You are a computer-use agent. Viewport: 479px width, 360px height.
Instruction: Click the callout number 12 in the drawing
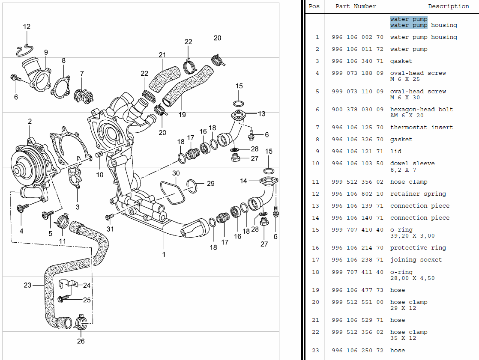pos(27,27)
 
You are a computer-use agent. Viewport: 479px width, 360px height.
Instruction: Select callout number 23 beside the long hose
pos(27,285)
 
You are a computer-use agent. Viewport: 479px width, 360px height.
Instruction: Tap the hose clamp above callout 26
pos(81,322)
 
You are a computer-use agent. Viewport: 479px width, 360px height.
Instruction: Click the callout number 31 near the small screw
pos(110,229)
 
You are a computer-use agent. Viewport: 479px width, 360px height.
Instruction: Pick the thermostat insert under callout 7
pos(84,96)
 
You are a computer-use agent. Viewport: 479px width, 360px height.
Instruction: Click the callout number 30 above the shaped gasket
pos(176,173)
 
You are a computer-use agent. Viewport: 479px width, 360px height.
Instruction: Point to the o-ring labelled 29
pos(191,186)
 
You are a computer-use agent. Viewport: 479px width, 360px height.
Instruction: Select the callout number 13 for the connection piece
pos(261,114)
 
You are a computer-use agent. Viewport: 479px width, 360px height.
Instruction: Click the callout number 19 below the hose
pos(182,115)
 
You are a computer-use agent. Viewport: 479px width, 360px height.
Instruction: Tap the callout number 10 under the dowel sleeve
pos(100,175)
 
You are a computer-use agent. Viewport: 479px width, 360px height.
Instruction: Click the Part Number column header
pos(356,6)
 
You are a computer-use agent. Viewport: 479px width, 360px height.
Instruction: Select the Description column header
pos(449,6)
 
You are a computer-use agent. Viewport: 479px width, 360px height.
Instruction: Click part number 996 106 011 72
pos(357,49)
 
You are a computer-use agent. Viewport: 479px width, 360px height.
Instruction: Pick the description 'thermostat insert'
pos(422,128)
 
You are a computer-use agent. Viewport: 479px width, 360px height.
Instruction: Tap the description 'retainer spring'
pos(418,194)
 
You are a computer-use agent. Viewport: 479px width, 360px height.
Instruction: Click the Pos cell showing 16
pos(316,248)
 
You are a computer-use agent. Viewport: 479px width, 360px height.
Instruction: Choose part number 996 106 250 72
pos(357,351)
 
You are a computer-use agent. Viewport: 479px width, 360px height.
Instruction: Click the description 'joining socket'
pos(416,260)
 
